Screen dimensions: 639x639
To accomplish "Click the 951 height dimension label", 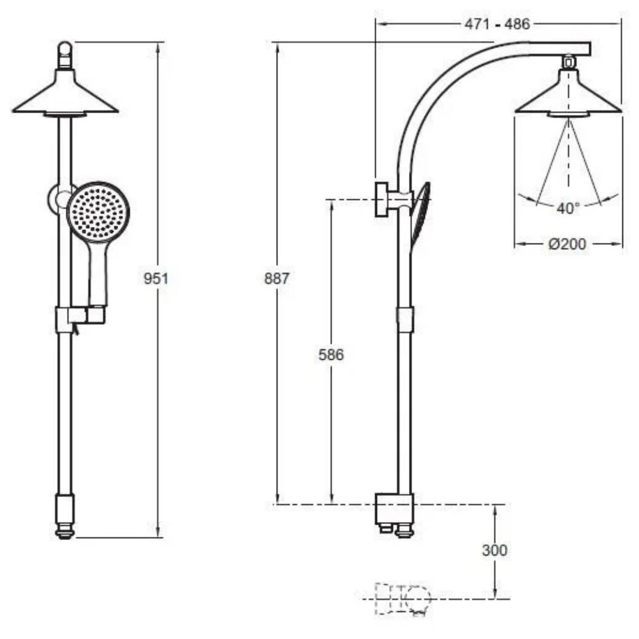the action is click(156, 279).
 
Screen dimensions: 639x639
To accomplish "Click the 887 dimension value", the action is click(277, 279).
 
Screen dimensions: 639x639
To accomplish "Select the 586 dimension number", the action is click(331, 355).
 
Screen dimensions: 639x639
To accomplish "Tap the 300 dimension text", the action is click(495, 550).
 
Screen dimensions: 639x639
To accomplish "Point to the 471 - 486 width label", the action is click(497, 24).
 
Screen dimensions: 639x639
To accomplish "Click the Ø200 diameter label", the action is click(567, 243).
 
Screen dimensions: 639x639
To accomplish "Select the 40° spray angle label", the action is click(568, 208).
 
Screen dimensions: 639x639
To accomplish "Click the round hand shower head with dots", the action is click(98, 212).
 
